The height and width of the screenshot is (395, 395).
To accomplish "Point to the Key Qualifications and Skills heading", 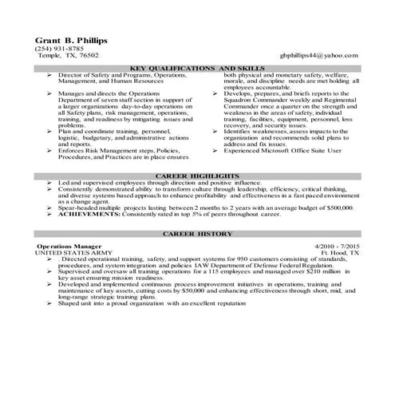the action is click(197, 69).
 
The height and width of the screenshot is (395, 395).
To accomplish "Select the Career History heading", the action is click(197, 234).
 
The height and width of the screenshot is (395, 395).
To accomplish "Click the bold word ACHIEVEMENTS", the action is click(89, 215).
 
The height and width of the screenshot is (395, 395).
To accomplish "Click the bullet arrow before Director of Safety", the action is click(50, 75).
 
